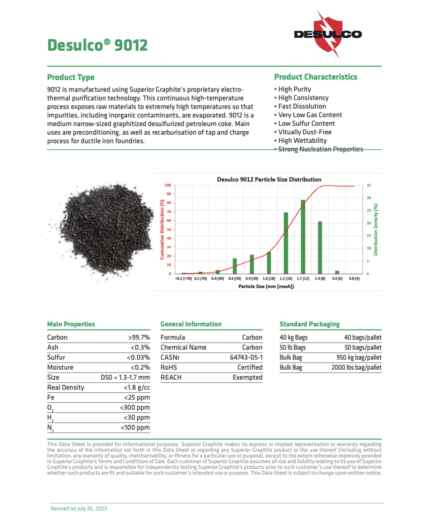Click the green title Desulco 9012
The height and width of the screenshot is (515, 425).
tap(97, 45)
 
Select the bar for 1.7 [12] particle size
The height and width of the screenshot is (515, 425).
tap(303, 236)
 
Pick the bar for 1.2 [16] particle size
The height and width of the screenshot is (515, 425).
tap(286, 242)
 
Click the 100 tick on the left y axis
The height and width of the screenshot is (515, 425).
tap(168, 186)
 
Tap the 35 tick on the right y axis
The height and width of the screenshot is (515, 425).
tap(369, 186)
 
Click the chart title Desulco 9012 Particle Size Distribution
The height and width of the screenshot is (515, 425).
tap(269, 179)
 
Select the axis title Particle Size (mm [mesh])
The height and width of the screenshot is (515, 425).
tap(266, 286)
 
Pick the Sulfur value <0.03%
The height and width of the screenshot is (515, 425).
tap(138, 358)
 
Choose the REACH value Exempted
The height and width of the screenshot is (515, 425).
tap(247, 378)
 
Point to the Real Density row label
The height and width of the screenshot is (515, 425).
tap(65, 388)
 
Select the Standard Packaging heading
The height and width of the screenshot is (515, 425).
tap(309, 324)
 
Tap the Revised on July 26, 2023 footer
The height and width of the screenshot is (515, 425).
tap(79, 508)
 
